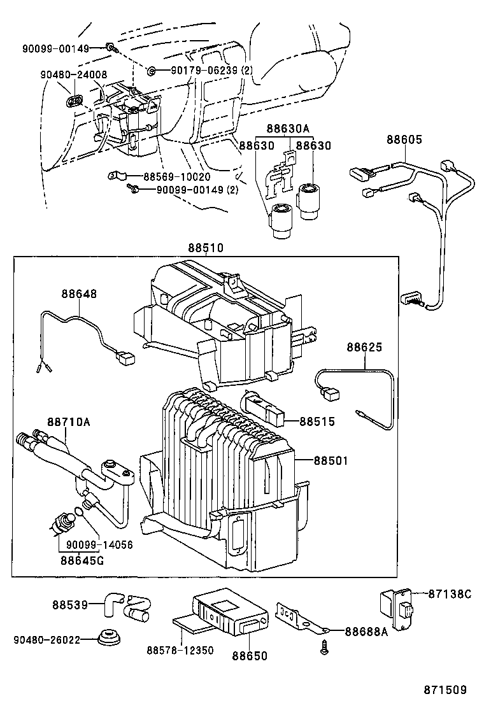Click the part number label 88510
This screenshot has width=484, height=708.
(206, 248)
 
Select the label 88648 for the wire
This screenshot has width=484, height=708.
(80, 294)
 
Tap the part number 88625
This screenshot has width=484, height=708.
(364, 348)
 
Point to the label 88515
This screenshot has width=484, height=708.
(317, 421)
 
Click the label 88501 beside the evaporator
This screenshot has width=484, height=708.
(331, 460)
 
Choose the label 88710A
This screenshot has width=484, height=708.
(68, 422)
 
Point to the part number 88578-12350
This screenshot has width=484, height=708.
(180, 651)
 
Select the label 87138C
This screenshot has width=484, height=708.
(449, 594)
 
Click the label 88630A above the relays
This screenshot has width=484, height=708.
(288, 129)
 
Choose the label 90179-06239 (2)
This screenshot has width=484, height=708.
(204, 71)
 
